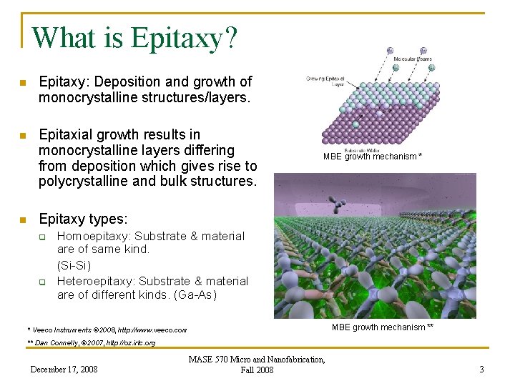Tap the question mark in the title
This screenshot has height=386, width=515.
coord(230,37)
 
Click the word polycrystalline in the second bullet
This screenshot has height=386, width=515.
coord(80,181)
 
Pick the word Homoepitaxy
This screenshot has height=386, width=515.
coord(93,236)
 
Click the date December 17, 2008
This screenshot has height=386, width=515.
coord(64,370)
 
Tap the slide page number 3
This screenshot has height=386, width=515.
coord(481,370)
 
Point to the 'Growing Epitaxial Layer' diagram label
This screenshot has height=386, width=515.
coord(325,81)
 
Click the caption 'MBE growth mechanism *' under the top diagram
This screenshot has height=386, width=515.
coord(372,156)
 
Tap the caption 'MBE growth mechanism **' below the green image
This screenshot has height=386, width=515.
coord(383,327)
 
